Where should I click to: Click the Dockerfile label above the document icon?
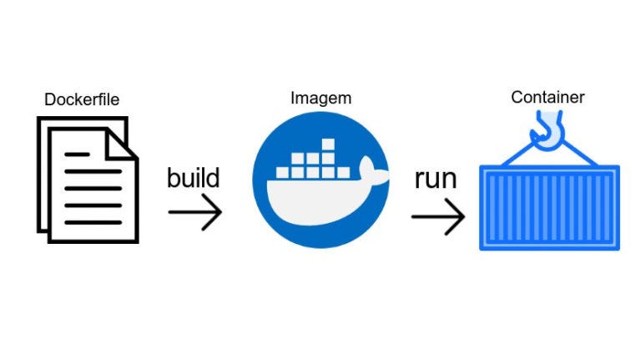point(82,100)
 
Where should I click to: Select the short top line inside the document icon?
point(78,155)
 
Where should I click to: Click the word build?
point(193,178)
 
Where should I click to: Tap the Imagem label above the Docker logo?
point(320,98)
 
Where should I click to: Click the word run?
point(436,180)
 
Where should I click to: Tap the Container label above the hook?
point(548,98)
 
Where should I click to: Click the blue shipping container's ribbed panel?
point(549,207)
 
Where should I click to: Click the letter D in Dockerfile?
point(49,100)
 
